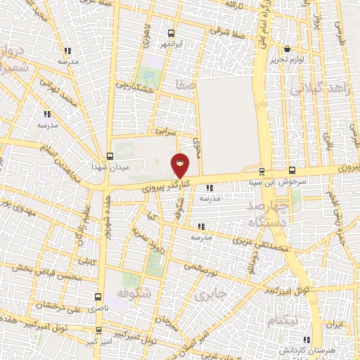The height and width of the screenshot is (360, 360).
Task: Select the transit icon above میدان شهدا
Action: [109, 156]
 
